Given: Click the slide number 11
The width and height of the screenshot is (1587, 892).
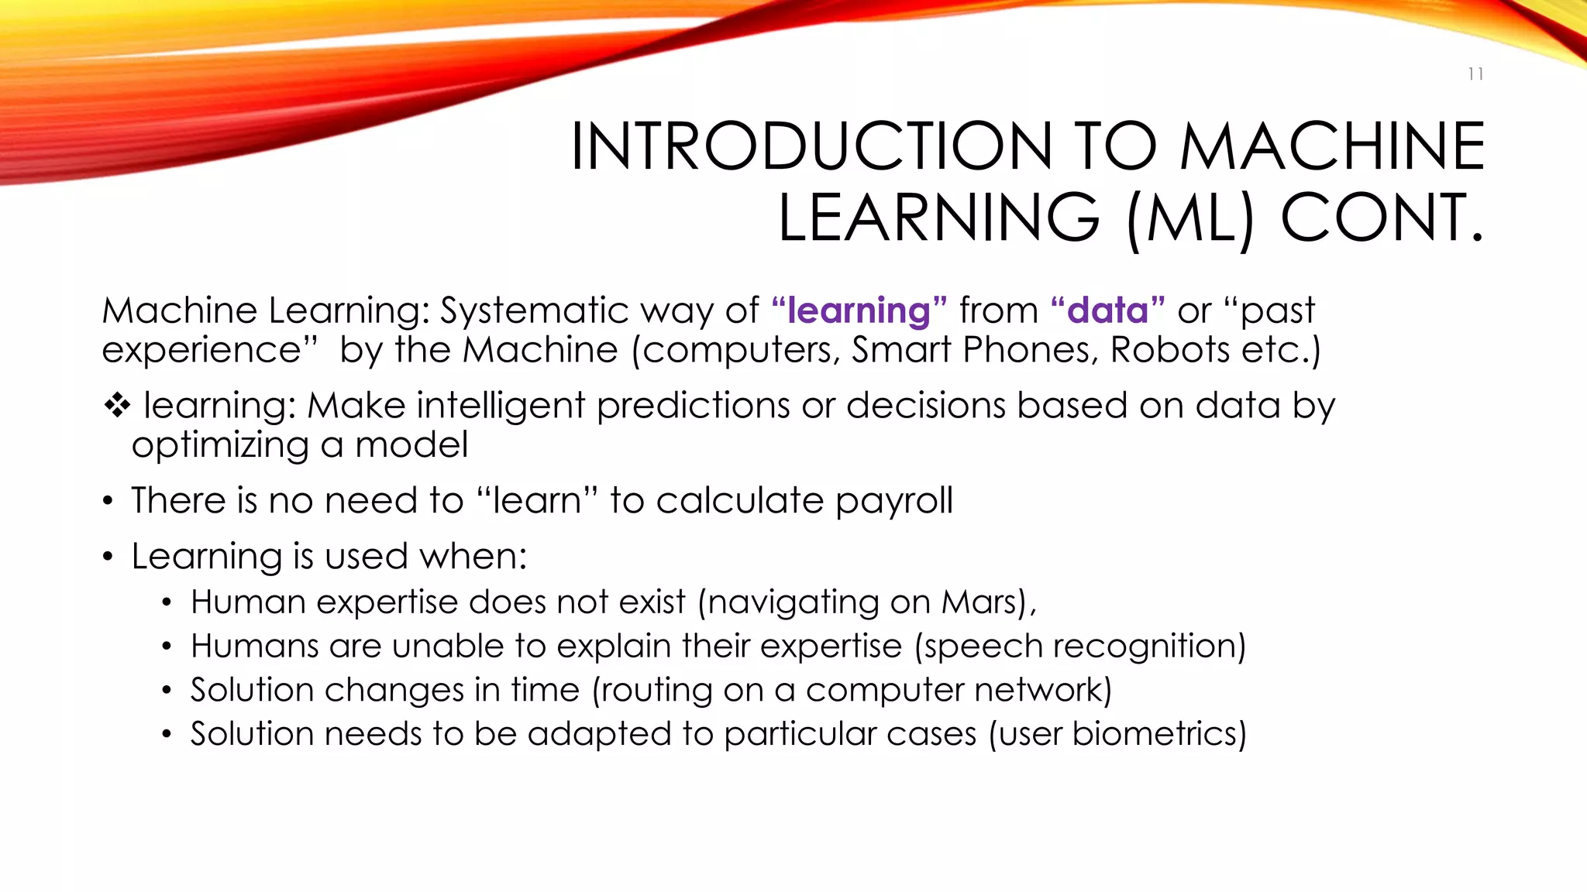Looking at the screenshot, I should click(x=1475, y=74).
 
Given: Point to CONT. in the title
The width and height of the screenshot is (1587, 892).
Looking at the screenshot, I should click(x=1382, y=218).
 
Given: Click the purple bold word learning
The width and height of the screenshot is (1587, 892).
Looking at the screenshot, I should click(x=859, y=310).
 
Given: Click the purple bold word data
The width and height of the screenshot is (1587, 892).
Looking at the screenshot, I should click(x=1107, y=310).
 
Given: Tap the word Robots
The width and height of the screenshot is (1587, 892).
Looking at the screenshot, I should click(x=1169, y=349).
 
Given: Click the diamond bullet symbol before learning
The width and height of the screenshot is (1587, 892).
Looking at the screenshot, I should click(x=117, y=405).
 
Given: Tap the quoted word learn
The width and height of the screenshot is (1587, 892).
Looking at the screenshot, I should click(x=536, y=501).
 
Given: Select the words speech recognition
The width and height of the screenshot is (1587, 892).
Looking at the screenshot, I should click(x=1079, y=646).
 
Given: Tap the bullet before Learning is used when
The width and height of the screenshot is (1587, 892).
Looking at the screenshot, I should click(x=108, y=557).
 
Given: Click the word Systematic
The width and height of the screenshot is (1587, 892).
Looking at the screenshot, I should click(x=535, y=310).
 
